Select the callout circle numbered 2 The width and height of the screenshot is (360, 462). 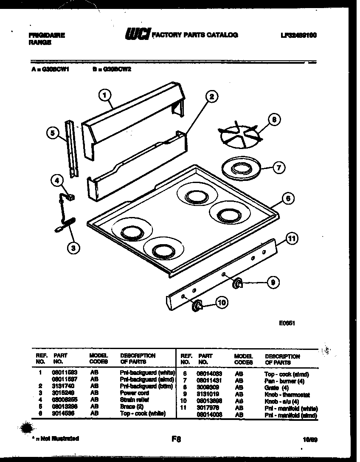click(211, 96)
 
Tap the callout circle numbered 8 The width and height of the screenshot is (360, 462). click(274, 120)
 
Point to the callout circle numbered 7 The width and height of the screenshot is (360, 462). click(278, 167)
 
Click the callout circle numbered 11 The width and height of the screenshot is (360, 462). click(291, 238)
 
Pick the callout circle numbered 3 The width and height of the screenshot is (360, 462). click(73, 248)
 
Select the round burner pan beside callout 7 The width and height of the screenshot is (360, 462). click(240, 168)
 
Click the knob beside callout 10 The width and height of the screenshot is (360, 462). click(196, 304)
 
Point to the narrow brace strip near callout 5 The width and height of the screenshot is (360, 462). click(73, 149)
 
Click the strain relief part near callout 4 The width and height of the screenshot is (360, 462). click(70, 197)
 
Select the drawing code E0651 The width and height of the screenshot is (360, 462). click(287, 323)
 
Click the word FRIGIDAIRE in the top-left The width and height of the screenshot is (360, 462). click(47, 36)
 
